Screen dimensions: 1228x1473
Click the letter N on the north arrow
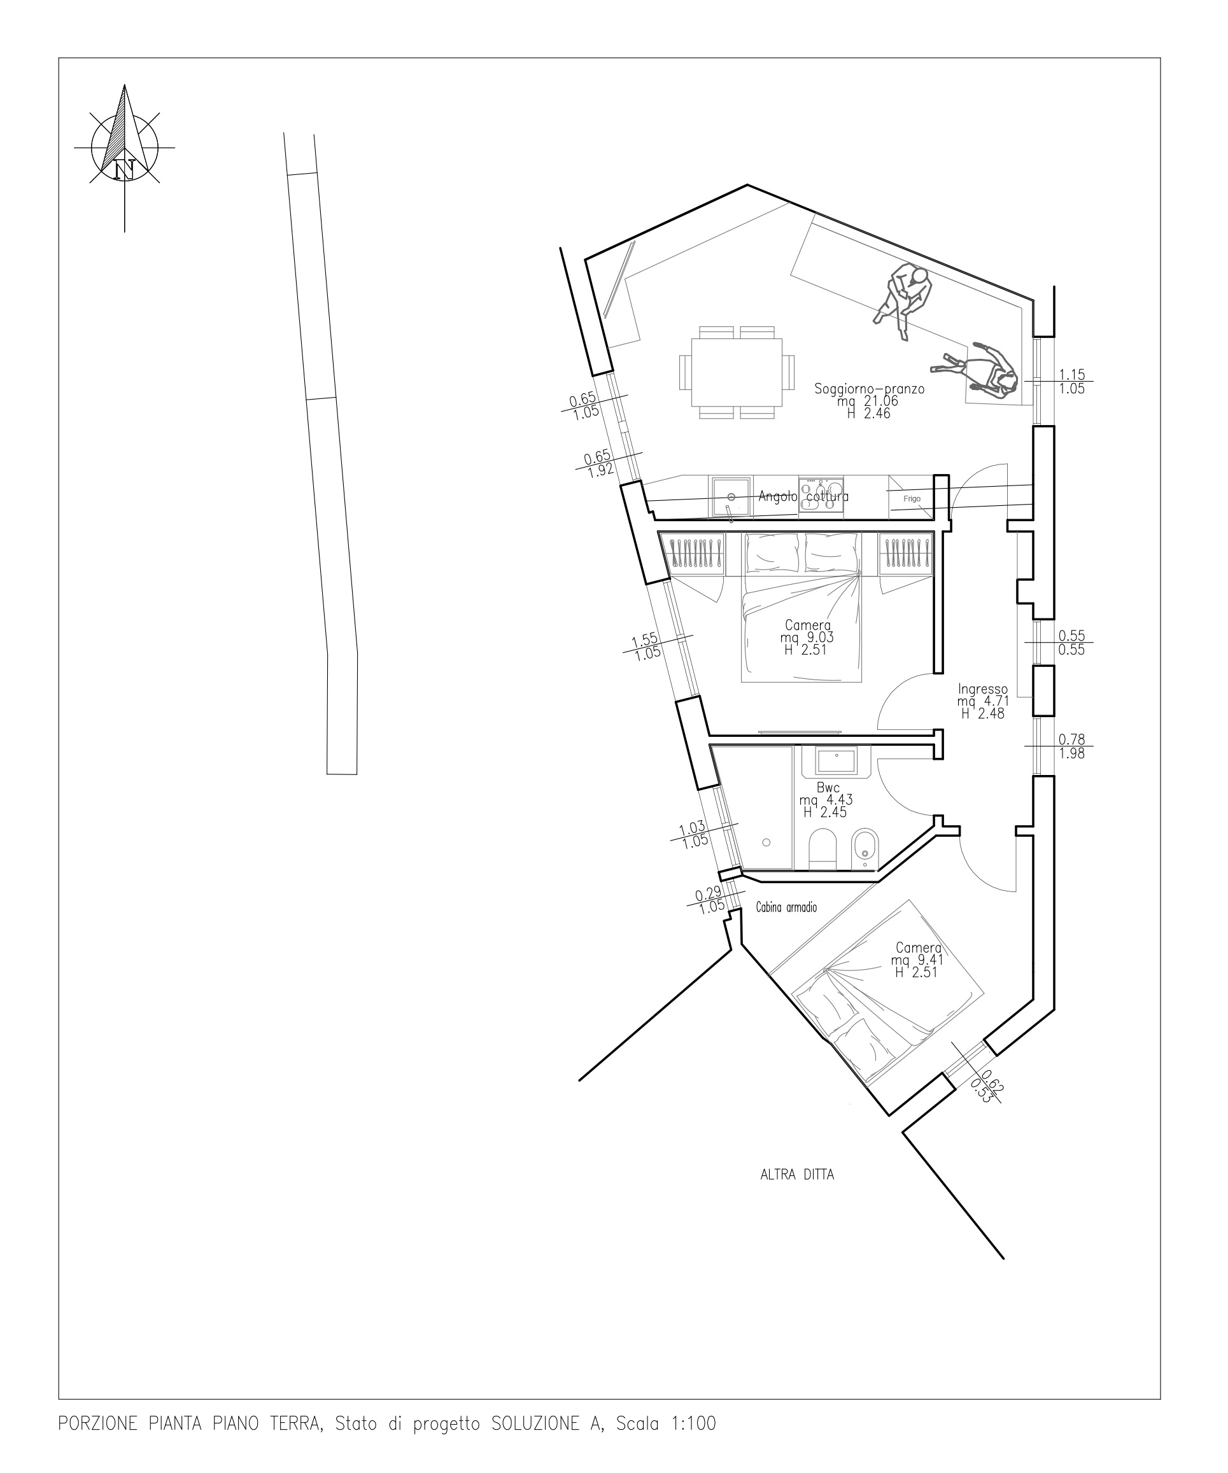pos(125,169)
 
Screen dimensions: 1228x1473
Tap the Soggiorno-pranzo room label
pos(870,389)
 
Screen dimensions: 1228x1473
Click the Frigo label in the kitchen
pos(912,499)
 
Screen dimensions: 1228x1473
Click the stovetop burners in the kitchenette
pos(821,496)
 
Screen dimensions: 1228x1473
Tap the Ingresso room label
pos(983,689)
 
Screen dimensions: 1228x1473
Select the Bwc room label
pos(828,788)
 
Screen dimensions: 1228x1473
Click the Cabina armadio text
pos(786,907)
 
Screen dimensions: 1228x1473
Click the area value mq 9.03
pos(807,638)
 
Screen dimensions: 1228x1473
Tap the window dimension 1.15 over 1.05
pos(1071,382)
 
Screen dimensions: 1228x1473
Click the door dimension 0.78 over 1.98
pos(1071,746)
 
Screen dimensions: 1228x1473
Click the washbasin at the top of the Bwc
pos(836,761)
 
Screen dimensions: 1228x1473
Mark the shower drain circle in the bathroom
pos(766,842)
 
